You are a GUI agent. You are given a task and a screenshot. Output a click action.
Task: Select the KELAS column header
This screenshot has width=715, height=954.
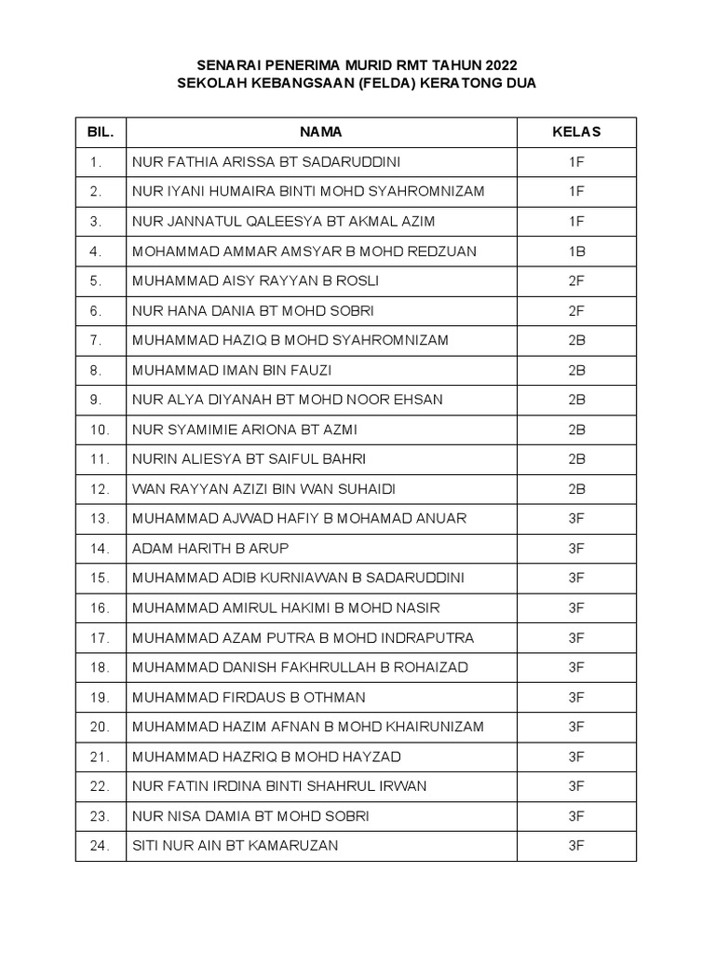(576, 131)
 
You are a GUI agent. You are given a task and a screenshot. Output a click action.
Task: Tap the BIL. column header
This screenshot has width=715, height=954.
(101, 131)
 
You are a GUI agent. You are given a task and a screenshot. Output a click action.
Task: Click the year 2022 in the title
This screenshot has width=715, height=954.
(495, 64)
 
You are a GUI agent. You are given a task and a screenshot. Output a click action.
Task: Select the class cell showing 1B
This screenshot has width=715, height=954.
(576, 251)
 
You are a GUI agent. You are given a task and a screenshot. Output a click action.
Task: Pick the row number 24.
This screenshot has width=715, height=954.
(101, 846)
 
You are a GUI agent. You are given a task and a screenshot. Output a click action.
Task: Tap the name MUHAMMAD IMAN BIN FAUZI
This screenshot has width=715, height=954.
(232, 370)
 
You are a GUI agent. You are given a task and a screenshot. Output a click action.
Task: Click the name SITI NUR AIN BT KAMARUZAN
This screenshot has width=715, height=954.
(236, 846)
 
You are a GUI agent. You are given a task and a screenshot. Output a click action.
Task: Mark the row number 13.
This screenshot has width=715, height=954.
(101, 519)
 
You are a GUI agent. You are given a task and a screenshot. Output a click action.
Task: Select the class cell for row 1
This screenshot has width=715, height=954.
(576, 161)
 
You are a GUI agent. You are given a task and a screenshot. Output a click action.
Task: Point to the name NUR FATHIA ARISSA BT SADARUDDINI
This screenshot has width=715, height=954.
(266, 161)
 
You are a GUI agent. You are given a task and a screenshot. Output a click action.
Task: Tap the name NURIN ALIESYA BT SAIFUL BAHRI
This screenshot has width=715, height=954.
(250, 459)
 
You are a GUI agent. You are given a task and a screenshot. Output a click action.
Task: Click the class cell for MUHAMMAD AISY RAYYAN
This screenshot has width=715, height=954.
(576, 280)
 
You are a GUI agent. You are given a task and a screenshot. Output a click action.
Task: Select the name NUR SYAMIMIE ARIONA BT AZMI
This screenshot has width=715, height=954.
(245, 429)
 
